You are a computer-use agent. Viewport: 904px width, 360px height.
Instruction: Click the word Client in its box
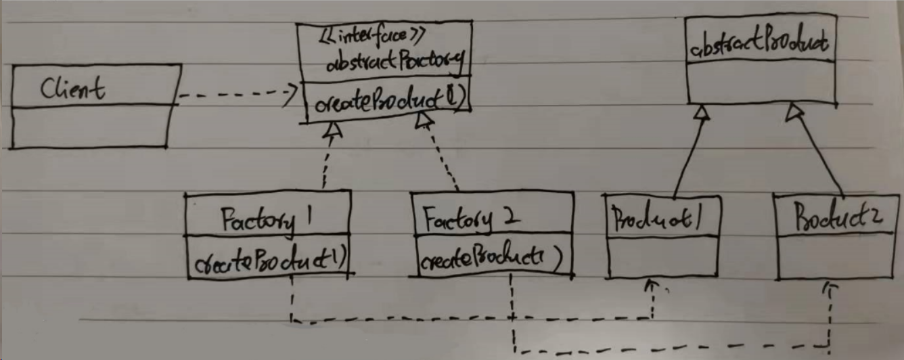[72, 88]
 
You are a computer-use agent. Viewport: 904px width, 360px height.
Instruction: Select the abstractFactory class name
[394, 64]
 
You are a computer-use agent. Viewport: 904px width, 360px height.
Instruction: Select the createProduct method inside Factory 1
[268, 261]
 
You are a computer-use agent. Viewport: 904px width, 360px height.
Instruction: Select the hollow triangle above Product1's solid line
[702, 113]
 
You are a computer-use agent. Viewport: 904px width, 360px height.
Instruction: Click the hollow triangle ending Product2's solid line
[792, 112]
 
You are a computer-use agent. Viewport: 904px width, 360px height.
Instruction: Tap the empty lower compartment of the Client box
[89, 126]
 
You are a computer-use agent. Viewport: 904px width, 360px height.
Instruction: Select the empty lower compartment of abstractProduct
[761, 81]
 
